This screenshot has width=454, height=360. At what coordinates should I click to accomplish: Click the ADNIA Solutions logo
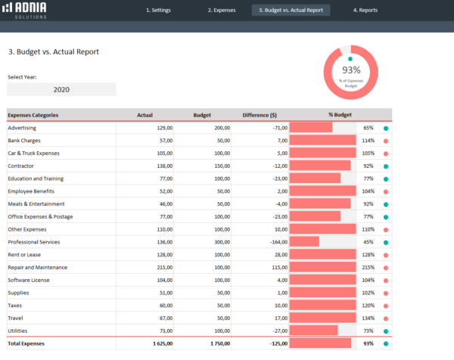click(25, 10)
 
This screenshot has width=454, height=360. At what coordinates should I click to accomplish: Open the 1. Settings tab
click(158, 10)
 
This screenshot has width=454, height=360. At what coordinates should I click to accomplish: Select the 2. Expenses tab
click(222, 10)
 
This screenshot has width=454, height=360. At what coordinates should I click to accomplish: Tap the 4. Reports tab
click(365, 10)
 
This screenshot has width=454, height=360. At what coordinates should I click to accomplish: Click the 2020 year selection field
click(61, 89)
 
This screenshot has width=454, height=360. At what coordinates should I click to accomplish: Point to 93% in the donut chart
click(351, 70)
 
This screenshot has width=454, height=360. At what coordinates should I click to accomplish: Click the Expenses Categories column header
click(33, 115)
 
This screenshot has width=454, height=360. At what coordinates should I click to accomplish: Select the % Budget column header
click(340, 115)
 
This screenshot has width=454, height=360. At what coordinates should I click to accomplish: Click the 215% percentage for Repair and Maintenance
click(368, 267)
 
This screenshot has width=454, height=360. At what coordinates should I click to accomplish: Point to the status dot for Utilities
click(386, 331)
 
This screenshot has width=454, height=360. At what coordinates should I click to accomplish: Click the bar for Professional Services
click(304, 242)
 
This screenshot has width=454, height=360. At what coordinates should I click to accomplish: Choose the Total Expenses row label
click(26, 343)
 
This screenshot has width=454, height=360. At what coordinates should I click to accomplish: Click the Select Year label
click(22, 77)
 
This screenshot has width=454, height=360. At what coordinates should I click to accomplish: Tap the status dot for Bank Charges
click(386, 141)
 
